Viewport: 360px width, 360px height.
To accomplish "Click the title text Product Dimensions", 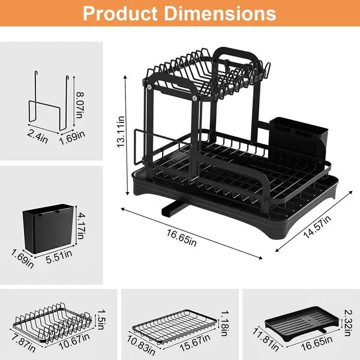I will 179,13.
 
